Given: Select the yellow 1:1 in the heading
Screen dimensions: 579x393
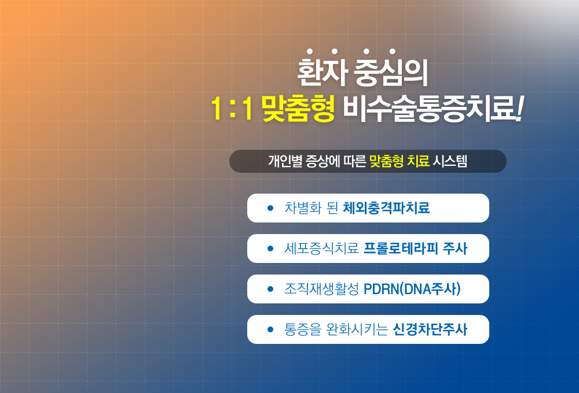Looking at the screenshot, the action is tap(232, 109).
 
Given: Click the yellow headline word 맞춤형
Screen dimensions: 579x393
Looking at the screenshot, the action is tap(298, 109).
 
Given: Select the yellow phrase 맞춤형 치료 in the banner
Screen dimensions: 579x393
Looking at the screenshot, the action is tap(399, 161).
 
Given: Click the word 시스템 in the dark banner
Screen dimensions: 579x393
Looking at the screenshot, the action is tap(450, 161).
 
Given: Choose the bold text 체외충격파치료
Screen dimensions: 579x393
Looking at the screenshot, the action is tap(386, 208).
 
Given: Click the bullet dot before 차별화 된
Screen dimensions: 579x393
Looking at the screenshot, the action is tap(270, 208).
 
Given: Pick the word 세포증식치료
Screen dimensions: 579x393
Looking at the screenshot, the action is tap(321, 249).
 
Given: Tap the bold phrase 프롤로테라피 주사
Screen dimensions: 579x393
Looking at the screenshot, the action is tap(415, 249).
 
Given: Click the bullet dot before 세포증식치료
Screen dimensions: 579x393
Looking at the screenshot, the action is tap(270, 249).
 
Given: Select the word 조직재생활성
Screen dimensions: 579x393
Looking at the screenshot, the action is tap(321, 289).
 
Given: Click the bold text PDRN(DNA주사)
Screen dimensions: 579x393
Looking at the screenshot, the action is tap(412, 289).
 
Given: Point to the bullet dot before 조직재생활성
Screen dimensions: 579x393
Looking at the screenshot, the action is tap(270, 290).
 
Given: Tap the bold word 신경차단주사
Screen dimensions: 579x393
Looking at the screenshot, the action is tap(430, 329).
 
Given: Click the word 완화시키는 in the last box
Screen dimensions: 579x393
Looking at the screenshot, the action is tap(357, 329).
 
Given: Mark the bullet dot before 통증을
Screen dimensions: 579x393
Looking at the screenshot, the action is tap(270, 329).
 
